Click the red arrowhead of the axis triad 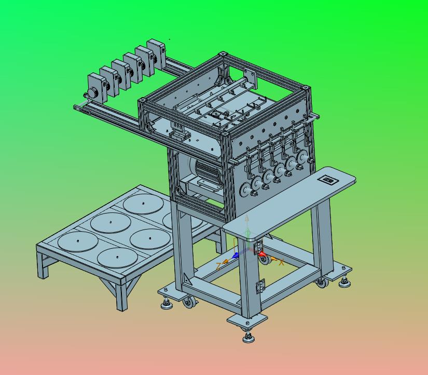click(x=262, y=254)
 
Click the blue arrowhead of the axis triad click(x=236, y=256)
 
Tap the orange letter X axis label click(x=281, y=262)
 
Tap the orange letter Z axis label click(x=218, y=266)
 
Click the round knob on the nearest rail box click(x=93, y=92)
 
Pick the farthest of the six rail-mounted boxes click(x=156, y=53)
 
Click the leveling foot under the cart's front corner click(x=248, y=337)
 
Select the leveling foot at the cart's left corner click(x=167, y=303)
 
